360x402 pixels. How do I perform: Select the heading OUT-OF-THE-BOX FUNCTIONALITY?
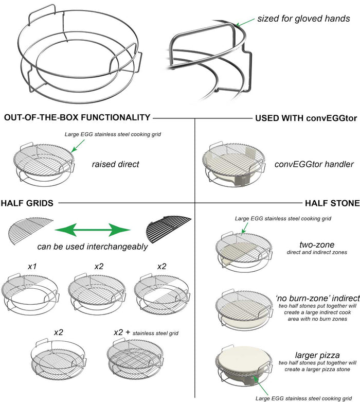point(77,118)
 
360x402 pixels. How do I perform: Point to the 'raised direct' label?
point(116,165)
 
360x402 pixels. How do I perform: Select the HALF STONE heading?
point(332,203)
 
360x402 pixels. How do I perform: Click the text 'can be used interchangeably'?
point(93,247)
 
